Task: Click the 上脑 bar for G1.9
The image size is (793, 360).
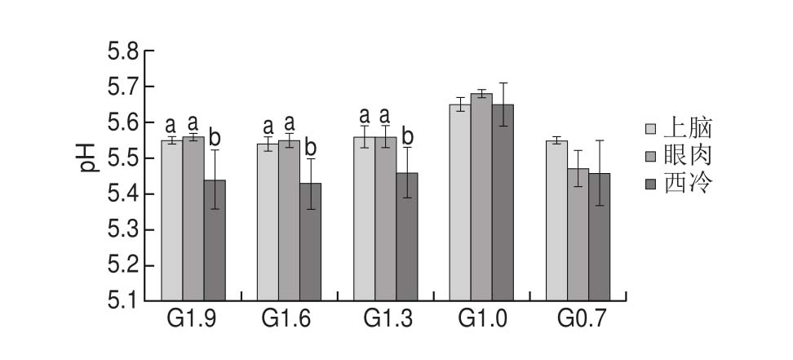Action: click(x=172, y=220)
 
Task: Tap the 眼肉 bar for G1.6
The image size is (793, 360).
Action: click(x=289, y=220)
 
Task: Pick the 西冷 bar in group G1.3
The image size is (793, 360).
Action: click(x=406, y=237)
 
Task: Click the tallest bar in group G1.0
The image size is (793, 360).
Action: click(x=481, y=197)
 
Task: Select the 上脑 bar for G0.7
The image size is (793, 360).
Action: click(x=556, y=220)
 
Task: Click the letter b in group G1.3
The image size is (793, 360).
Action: click(x=406, y=136)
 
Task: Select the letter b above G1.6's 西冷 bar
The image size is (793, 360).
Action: click(x=310, y=147)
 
